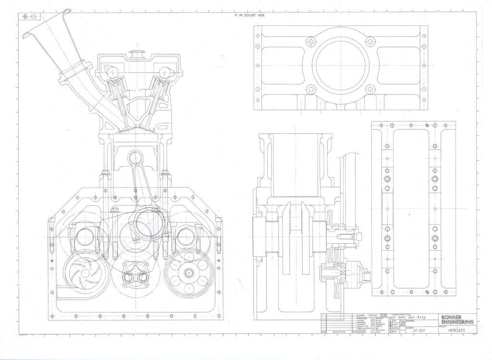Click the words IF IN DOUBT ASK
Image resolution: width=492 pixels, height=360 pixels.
pyautogui.click(x=246, y=15)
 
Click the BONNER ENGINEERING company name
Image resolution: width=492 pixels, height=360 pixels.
pyautogui.click(x=457, y=319)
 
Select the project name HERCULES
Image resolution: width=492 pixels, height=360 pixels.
pyautogui.click(x=453, y=331)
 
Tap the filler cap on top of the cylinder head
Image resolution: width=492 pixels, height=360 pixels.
pyautogui.click(x=137, y=52)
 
